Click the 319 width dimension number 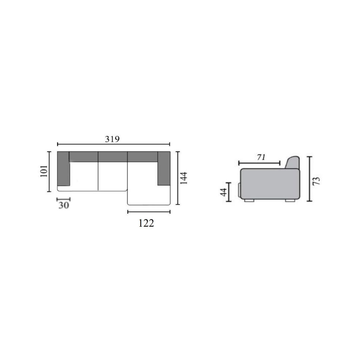(x=112, y=139)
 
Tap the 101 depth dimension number (x=44, y=171)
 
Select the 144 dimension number (x=183, y=178)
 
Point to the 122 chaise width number (x=146, y=223)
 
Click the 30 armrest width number (x=64, y=205)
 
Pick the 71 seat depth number (x=261, y=157)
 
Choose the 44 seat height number (x=223, y=192)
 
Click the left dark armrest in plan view (x=63, y=169)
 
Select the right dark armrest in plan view (x=164, y=168)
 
